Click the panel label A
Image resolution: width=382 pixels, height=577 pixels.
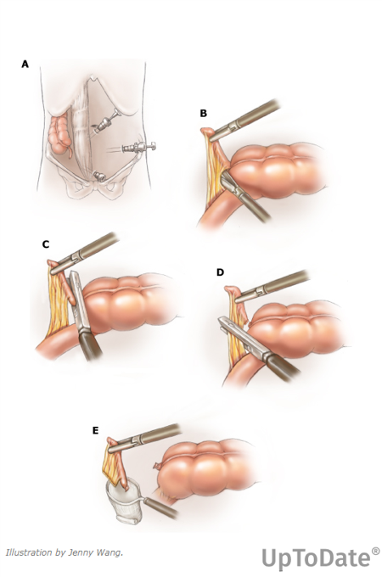coord(25,64)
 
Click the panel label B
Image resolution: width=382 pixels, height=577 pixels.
coord(203,114)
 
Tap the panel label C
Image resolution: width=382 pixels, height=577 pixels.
coord(46,244)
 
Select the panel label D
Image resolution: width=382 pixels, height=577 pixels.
coord(220,272)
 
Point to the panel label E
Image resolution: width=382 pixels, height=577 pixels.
coord(96,430)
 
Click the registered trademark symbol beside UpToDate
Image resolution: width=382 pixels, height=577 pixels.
coord(375,551)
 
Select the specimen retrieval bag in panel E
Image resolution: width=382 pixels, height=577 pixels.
coord(125,501)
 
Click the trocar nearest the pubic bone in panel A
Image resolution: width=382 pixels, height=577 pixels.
coord(98,176)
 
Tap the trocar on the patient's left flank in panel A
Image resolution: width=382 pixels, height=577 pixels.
coord(138,148)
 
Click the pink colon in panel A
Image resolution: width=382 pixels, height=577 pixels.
coord(59,134)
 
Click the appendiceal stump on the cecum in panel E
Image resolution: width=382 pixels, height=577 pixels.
coord(158,466)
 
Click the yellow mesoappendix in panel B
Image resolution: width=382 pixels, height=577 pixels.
coord(216,168)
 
